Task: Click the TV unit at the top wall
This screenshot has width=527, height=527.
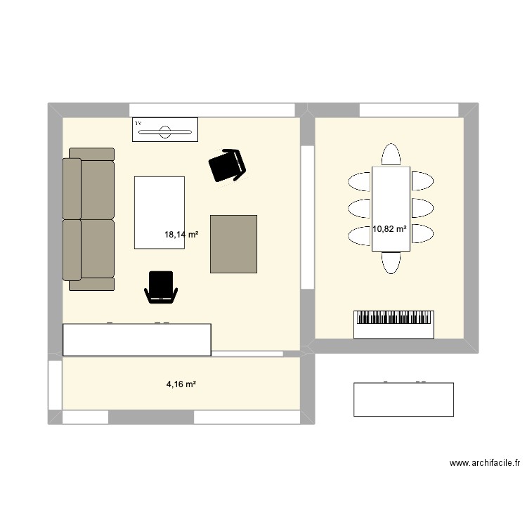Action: (165, 129)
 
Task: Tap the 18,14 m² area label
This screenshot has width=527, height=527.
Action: (181, 235)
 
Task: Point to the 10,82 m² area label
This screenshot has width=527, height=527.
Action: (390, 228)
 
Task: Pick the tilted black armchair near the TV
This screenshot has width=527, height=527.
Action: (228, 167)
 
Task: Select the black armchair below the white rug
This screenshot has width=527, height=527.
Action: (161, 287)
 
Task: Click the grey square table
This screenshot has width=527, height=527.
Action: (234, 244)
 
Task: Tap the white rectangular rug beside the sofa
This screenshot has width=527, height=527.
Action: (159, 212)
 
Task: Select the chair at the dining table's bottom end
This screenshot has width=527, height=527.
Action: (391, 261)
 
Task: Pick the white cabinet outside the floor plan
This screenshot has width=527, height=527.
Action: (403, 399)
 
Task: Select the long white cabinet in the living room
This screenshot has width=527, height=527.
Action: (137, 339)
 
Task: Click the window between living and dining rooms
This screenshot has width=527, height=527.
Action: (307, 216)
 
